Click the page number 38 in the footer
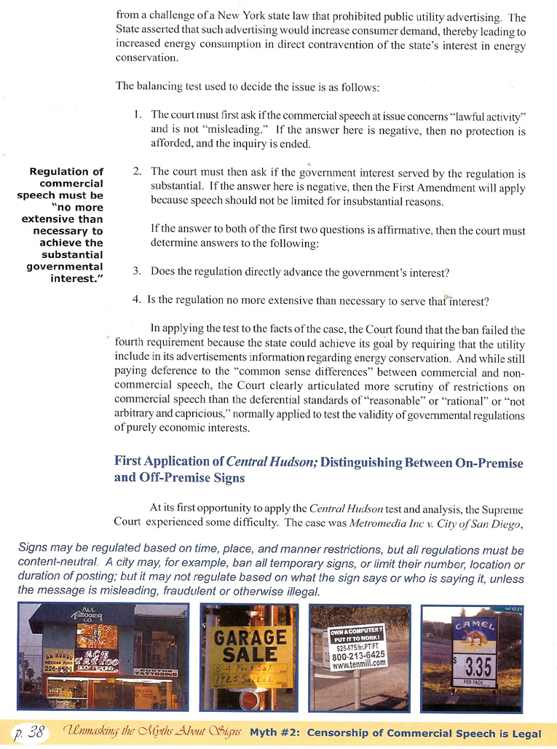33,732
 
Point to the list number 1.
138,115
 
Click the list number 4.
137,300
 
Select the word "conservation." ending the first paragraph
146,58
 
